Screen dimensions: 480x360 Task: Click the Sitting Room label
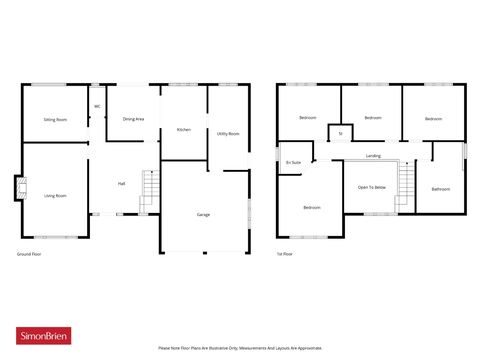pyautogui.click(x=55, y=120)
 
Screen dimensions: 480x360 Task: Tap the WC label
pyautogui.click(x=97, y=106)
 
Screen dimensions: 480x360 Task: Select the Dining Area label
pyautogui.click(x=133, y=119)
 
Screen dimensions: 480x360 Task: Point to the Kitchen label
pyautogui.click(x=183, y=129)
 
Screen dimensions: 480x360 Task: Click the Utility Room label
pyautogui.click(x=228, y=133)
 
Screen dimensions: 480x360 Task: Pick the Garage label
pyautogui.click(x=203, y=214)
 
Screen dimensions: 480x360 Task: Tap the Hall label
pyautogui.click(x=121, y=183)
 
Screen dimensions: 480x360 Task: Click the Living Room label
pyautogui.click(x=55, y=196)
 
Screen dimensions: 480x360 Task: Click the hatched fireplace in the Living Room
pyautogui.click(x=21, y=188)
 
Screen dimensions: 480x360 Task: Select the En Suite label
pyautogui.click(x=293, y=162)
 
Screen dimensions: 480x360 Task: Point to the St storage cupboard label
pyautogui.click(x=340, y=133)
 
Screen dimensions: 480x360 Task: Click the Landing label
pyautogui.click(x=373, y=156)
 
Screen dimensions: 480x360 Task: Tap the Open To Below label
pyautogui.click(x=371, y=187)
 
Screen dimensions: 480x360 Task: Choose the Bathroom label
pyautogui.click(x=440, y=189)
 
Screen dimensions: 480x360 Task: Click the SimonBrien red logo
pyautogui.click(x=43, y=336)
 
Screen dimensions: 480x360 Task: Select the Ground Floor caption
pyautogui.click(x=29, y=254)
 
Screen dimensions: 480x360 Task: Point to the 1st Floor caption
pyautogui.click(x=284, y=254)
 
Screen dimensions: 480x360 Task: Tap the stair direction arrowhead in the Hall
pyautogui.click(x=152, y=172)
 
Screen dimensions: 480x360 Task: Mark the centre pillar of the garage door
pyautogui.click(x=205, y=253)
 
